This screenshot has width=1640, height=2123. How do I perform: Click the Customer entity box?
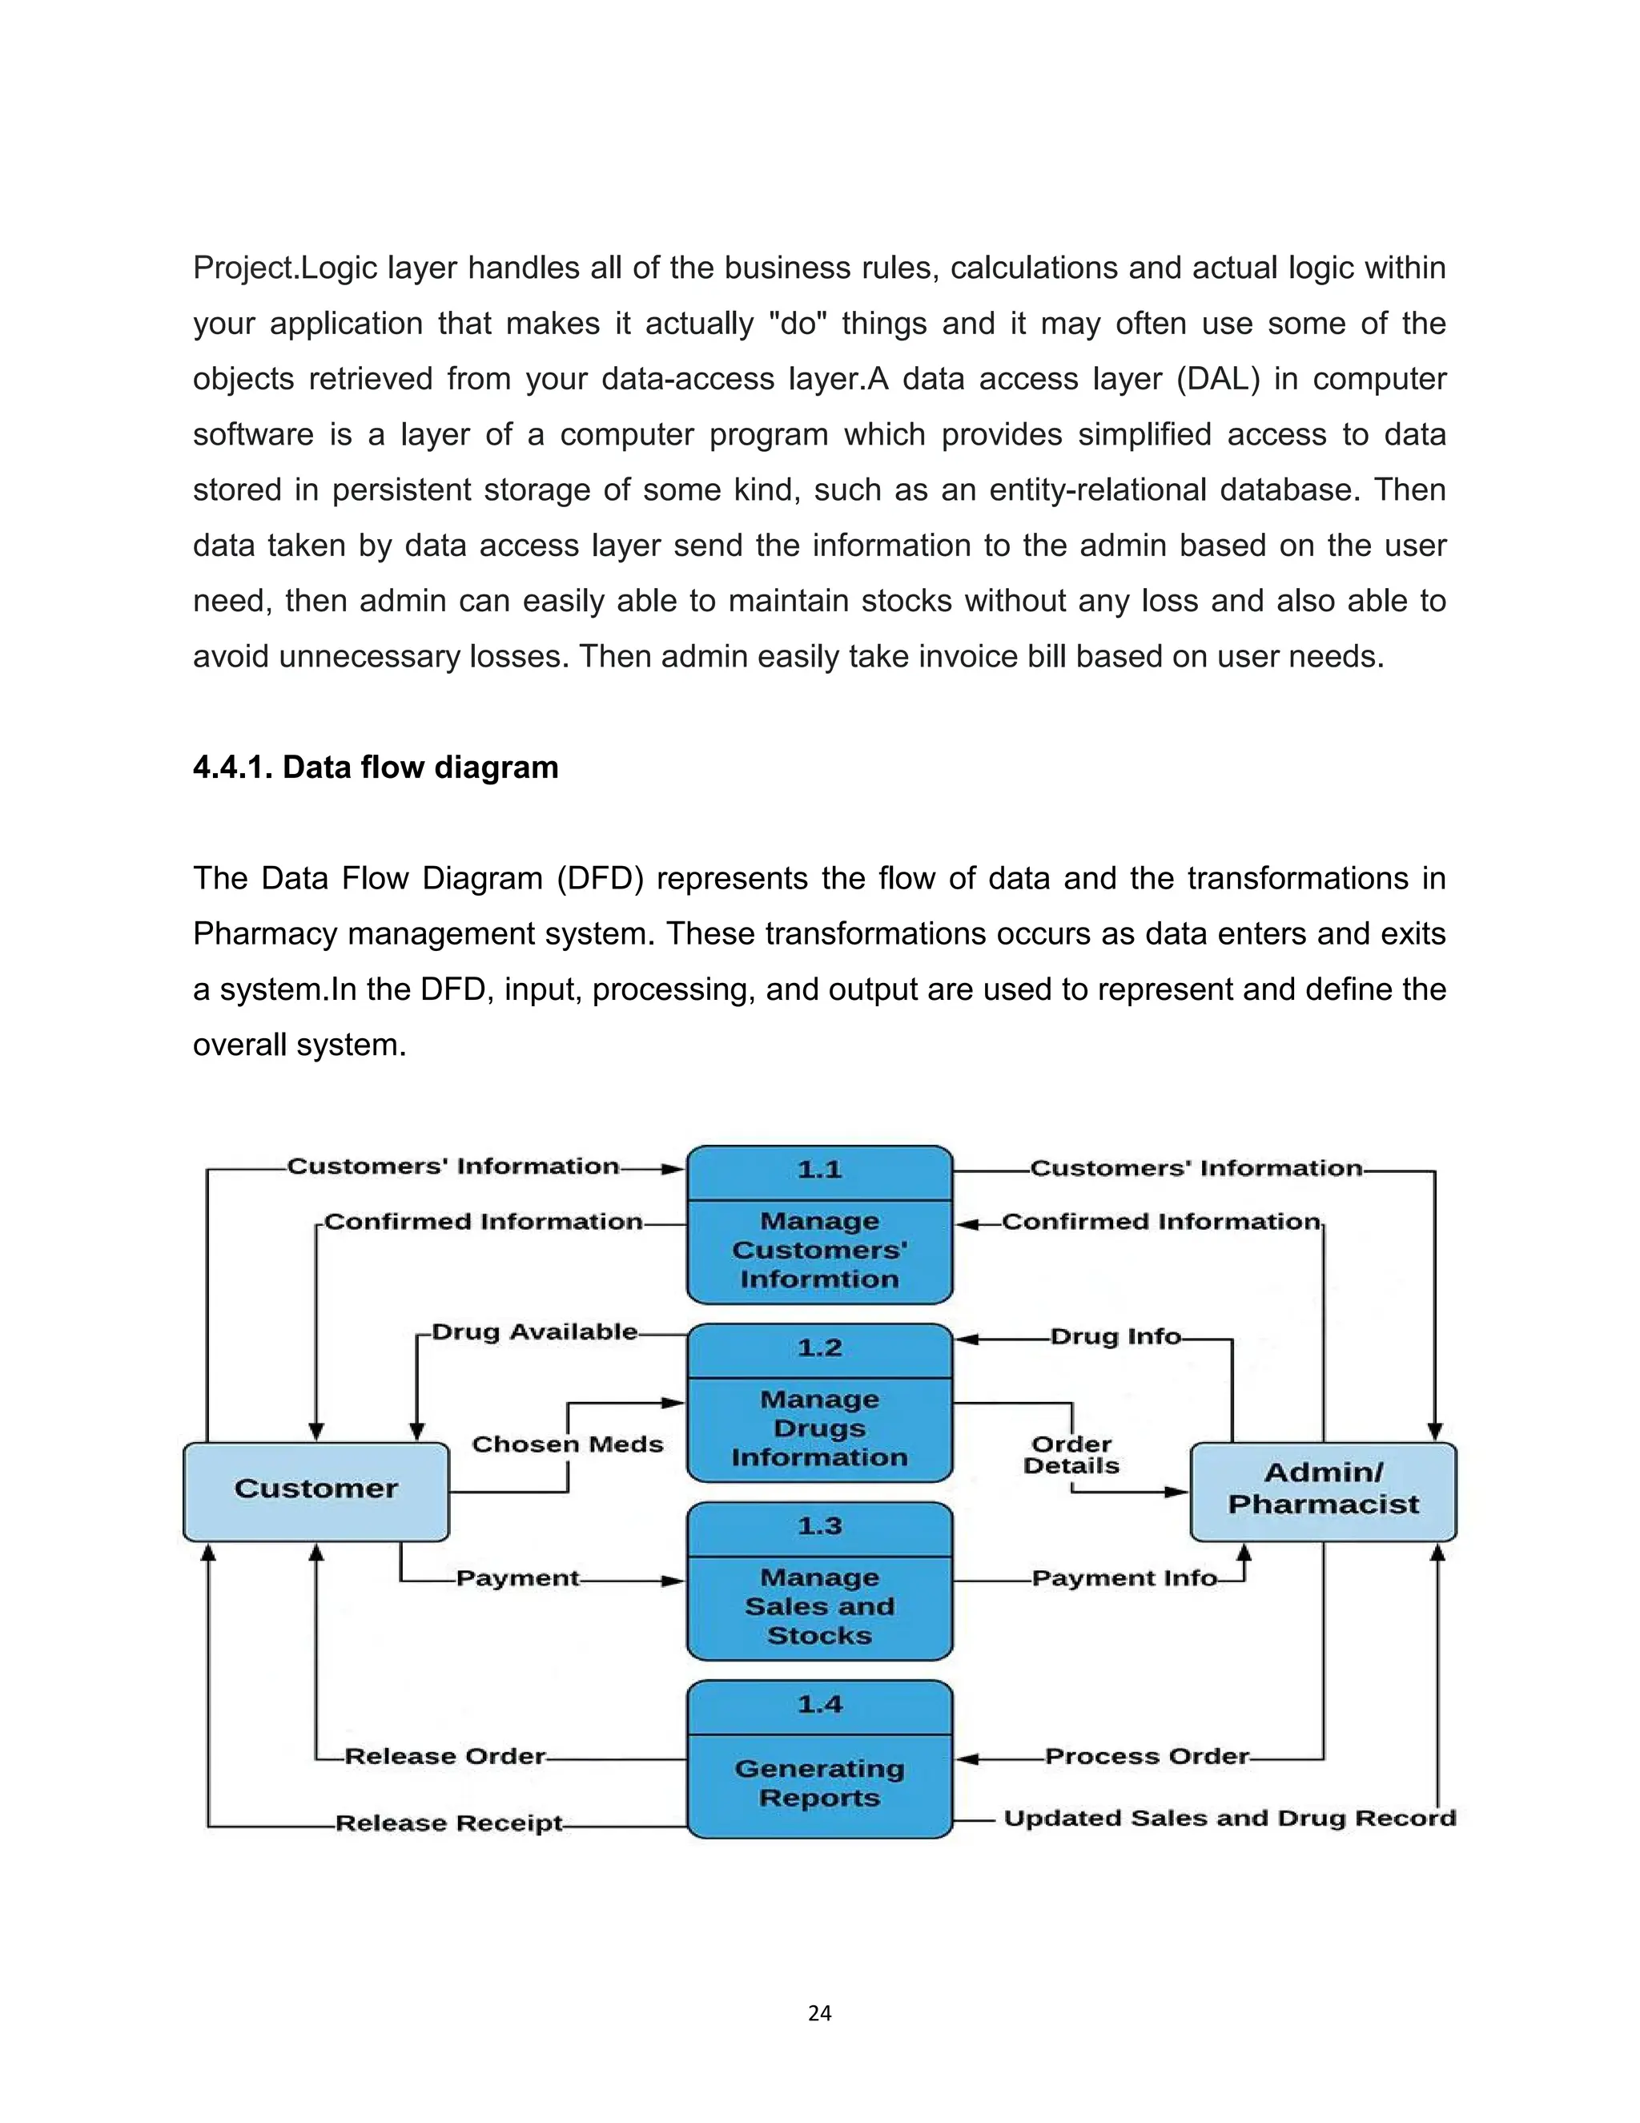click(316, 1489)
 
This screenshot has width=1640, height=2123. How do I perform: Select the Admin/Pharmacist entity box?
click(1323, 1489)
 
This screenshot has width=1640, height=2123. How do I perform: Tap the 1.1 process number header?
click(819, 1170)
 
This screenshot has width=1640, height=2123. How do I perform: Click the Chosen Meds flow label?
click(568, 1444)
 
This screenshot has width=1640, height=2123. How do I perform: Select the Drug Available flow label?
click(534, 1331)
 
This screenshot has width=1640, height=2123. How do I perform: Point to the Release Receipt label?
click(449, 1823)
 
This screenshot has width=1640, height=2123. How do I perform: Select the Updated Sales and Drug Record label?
click(1229, 1818)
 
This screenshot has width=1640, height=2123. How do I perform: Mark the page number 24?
click(819, 2013)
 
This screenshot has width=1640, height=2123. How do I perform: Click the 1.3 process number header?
click(819, 1526)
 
